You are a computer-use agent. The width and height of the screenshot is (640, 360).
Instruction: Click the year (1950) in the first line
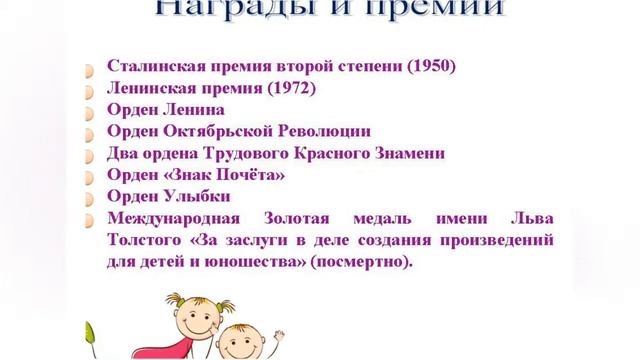pos(430,68)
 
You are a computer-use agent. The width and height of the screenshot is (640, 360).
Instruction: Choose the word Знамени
pos(409,154)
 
